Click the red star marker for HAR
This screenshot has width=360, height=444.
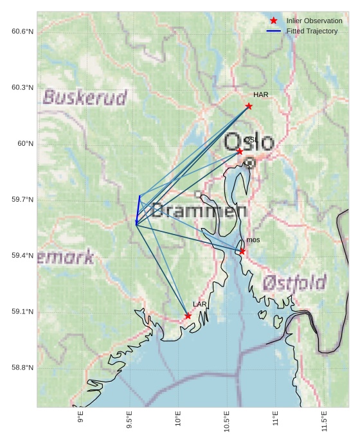click(x=249, y=106)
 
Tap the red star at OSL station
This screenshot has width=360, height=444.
click(x=240, y=152)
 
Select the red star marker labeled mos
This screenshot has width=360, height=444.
click(x=242, y=251)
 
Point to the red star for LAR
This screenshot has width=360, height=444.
click(x=188, y=316)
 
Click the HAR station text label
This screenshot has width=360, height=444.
click(x=260, y=95)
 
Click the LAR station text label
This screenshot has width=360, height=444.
click(x=199, y=305)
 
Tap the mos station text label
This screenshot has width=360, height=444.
click(x=253, y=240)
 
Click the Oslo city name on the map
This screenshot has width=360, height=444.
click(x=249, y=143)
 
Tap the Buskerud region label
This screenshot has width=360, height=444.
click(x=85, y=98)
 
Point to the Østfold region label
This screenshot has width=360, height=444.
click(x=294, y=282)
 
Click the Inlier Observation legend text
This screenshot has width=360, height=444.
click(x=314, y=21)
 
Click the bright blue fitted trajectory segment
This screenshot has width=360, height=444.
click(x=138, y=209)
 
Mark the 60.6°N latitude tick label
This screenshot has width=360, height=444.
click(x=22, y=31)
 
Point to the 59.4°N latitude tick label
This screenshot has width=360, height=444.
click(x=22, y=256)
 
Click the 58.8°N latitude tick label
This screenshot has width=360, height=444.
click(x=22, y=368)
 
